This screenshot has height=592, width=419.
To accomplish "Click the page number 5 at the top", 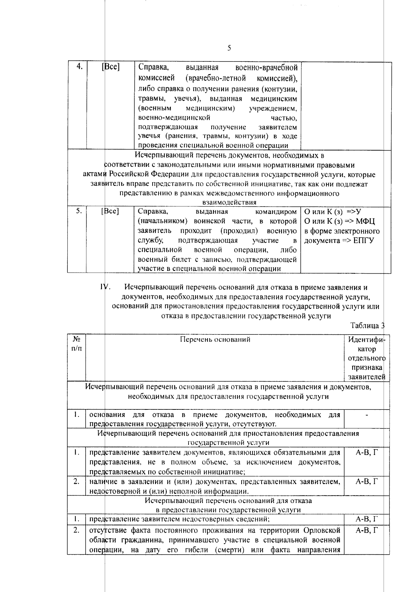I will (229, 48).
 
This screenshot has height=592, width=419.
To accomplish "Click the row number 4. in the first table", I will (79, 67).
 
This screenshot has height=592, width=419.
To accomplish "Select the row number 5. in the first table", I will (79, 211).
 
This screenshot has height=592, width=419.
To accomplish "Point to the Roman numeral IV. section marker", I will (105, 287).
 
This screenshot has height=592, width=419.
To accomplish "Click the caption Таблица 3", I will (367, 325).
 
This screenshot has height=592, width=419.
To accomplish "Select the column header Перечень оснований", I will (215, 339).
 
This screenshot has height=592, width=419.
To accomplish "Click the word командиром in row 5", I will (276, 212).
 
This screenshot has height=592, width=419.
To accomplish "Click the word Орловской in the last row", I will (322, 531).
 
